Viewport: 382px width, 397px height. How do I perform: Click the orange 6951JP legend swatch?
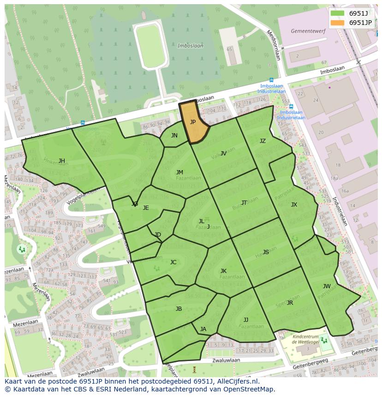click(x=338, y=23)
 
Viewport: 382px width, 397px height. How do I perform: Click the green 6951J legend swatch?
click(x=338, y=13)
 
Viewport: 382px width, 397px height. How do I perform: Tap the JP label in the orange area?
click(x=193, y=122)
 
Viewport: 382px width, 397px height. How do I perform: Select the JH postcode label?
click(x=61, y=161)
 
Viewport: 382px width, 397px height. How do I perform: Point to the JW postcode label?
click(x=327, y=286)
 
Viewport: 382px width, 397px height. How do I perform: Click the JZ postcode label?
click(x=263, y=141)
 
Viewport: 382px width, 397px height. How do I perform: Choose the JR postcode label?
click(x=290, y=303)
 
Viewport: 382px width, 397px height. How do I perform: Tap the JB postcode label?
click(x=179, y=309)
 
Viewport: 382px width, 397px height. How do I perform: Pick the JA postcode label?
click(x=203, y=329)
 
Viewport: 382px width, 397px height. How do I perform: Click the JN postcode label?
click(x=174, y=136)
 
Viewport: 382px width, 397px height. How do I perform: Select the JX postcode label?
click(x=294, y=205)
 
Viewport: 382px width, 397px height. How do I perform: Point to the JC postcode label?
click(x=173, y=262)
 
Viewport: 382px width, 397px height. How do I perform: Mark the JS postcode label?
click(x=266, y=252)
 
